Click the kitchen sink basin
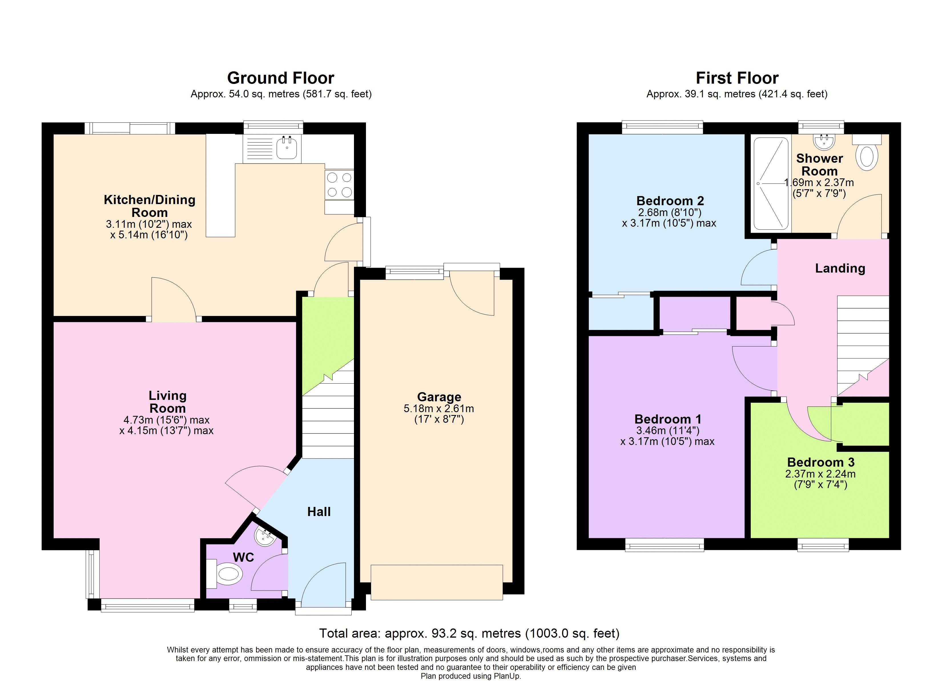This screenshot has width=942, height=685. coord(287,148)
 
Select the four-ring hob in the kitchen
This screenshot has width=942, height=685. coord(339,185)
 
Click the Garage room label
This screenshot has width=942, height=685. coord(439,397)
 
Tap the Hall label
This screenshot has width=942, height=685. coord(319,512)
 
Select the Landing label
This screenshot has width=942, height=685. coord(840,268)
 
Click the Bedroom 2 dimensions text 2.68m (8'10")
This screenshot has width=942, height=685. coord(670,212)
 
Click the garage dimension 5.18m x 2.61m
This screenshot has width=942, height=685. coord(439,408)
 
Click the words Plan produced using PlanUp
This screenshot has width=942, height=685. coord(471,676)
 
